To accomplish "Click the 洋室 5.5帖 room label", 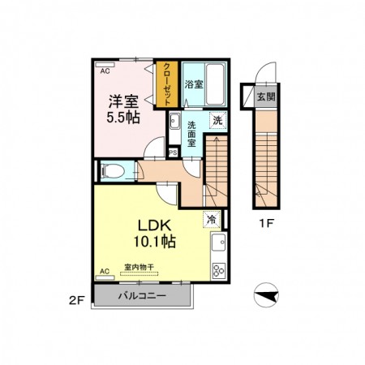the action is (123, 109).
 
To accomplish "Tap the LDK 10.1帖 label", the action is (155, 234).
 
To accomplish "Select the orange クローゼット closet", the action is (167, 84).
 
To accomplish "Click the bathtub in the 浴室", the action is (215, 84).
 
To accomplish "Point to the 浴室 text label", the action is (194, 84).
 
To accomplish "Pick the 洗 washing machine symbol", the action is (218, 120).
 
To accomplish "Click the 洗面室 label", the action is (191, 134).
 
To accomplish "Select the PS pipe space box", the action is (173, 152).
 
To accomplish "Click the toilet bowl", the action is (114, 171).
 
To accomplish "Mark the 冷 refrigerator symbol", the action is (212, 219).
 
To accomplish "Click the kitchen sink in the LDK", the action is (218, 243).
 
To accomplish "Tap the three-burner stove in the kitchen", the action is (218, 270).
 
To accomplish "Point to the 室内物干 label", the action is (139, 267).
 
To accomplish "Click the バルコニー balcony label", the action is (142, 295).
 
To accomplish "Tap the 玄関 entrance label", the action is (266, 97).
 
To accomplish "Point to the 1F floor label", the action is (266, 223).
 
